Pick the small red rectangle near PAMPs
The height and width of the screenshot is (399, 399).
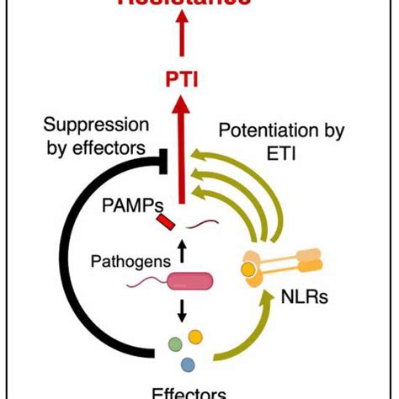click(167, 223)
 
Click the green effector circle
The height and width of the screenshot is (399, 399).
click(174, 343)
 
